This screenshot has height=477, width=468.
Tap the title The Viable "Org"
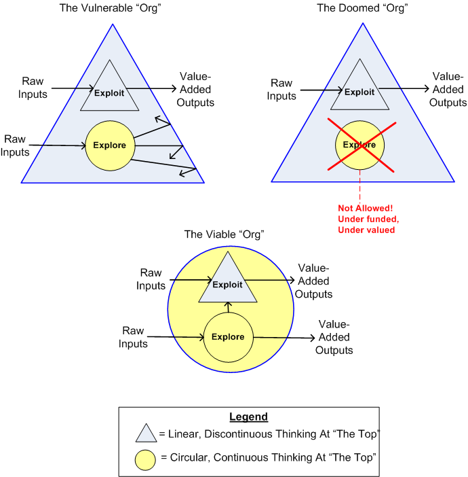(224, 234)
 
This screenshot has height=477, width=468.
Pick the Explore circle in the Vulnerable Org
(109, 145)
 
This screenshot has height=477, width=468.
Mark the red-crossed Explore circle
(359, 144)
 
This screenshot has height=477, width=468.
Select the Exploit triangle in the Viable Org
(227, 284)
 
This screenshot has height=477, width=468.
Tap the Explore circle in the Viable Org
(227, 337)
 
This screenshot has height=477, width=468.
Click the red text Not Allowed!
(359, 208)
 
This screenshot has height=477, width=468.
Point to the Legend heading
(248, 417)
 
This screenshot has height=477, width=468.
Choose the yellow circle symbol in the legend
(146, 459)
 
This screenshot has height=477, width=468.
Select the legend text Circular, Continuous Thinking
(268, 459)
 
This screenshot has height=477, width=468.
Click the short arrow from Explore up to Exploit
(228, 308)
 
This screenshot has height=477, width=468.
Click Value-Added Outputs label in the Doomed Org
(448, 90)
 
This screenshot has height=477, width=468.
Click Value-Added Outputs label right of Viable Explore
(334, 337)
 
